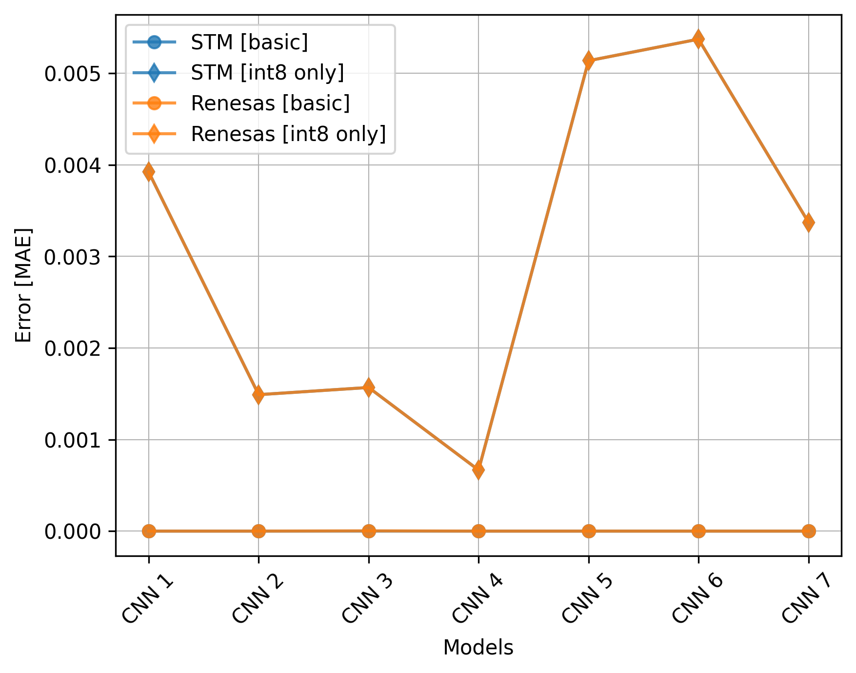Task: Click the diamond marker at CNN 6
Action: pos(698,39)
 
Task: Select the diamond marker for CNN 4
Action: pos(478,470)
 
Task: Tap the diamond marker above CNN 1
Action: pos(149,172)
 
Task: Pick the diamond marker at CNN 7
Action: pos(808,223)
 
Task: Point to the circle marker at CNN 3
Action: pos(369,531)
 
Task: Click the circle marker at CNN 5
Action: pos(589,531)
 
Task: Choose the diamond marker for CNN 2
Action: pos(259,394)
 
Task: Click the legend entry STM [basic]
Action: pos(249,42)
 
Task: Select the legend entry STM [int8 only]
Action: pos(267,73)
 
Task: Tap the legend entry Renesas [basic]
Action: pos(270,103)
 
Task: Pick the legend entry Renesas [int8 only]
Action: pos(288,134)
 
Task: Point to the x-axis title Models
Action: pos(478,648)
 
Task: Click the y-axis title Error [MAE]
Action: pos(23,286)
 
